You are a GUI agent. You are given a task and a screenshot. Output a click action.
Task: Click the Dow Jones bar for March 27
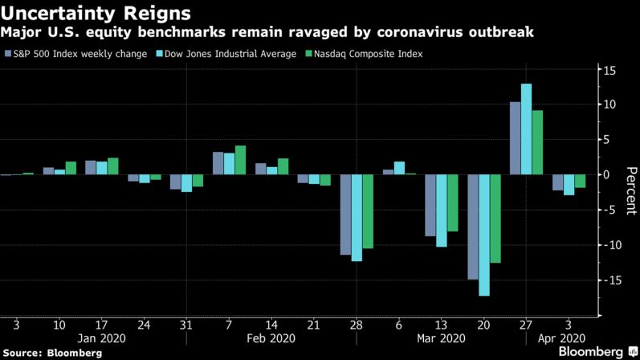(526, 129)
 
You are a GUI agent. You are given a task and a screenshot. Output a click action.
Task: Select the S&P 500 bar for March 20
(473, 227)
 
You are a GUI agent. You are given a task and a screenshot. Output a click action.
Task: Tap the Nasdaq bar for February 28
(368, 211)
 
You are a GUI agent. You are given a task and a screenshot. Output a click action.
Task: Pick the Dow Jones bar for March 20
(484, 235)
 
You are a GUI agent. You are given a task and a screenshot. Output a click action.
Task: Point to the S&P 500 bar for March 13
(430, 205)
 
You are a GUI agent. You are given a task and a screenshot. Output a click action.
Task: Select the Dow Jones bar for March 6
(399, 168)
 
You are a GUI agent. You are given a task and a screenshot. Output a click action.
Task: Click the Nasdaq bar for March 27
(537, 142)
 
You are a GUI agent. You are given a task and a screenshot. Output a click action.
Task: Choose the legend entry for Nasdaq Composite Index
(361, 54)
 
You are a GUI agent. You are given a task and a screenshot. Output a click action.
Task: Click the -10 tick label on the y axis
(609, 245)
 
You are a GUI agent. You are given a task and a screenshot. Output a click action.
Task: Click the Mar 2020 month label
(442, 338)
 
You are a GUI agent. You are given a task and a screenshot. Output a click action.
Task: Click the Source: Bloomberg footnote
(51, 352)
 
